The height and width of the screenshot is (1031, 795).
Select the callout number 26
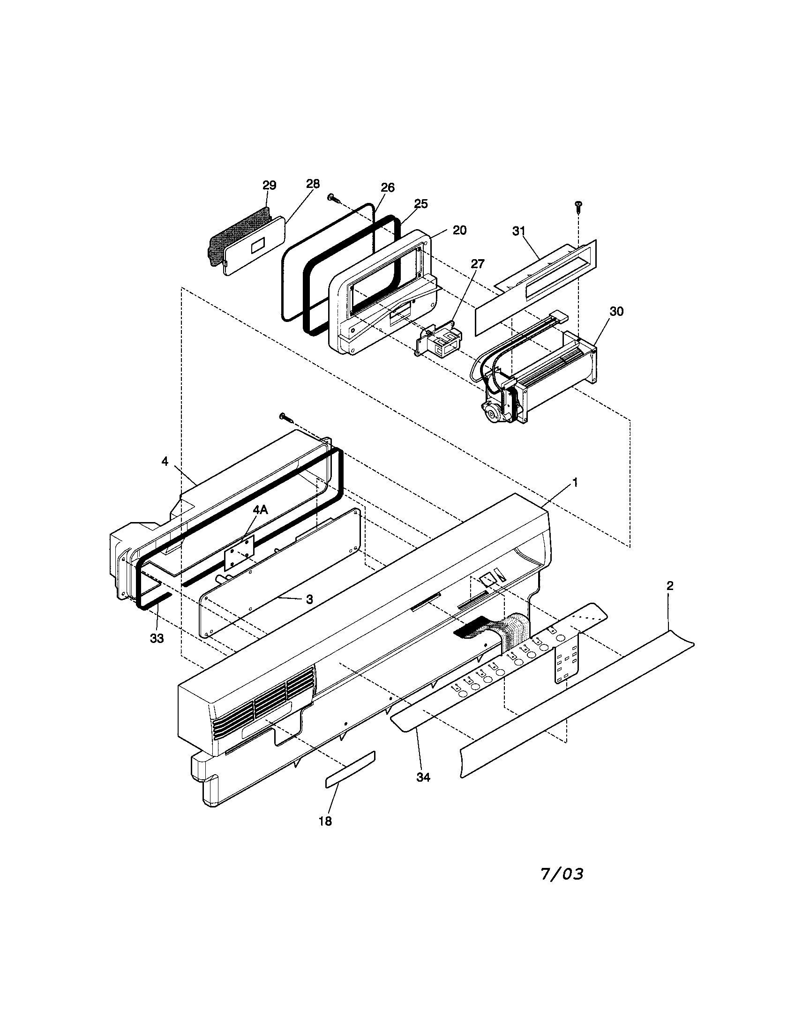[387, 187]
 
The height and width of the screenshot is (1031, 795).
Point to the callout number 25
[420, 204]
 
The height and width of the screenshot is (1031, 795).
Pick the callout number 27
[477, 264]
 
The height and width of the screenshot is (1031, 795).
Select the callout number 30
[616, 312]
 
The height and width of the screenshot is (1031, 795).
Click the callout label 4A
[260, 510]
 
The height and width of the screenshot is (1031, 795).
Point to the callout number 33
[157, 638]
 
